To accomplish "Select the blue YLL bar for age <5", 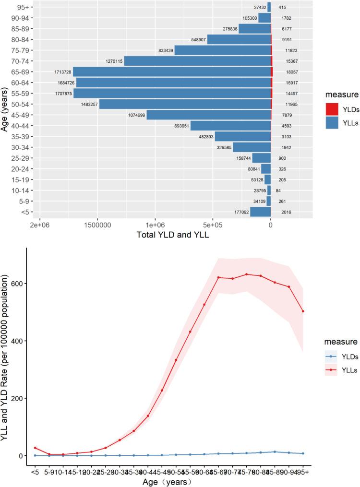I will [x=260, y=212].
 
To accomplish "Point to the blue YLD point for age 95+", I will [x=303, y=453].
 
